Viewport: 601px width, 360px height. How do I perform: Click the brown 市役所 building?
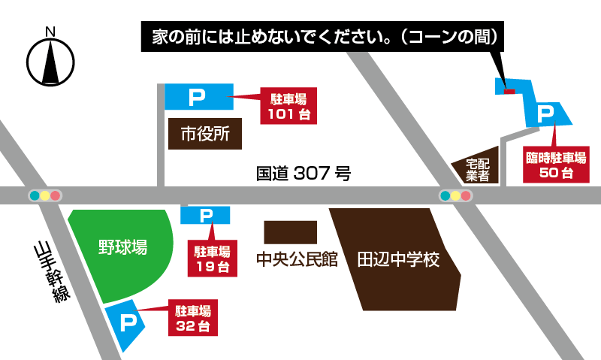[205, 134]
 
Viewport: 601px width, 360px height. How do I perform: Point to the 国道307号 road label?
[304, 174]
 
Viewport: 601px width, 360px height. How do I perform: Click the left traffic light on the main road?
[45, 196]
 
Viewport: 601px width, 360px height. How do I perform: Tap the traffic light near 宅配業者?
[455, 196]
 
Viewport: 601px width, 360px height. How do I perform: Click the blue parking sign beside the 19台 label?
[205, 216]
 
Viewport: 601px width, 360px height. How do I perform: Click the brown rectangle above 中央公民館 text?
[291, 232]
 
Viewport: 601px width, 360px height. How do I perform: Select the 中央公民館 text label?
[297, 261]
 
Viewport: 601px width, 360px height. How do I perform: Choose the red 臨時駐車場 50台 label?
[557, 165]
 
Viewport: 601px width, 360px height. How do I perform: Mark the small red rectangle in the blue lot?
[509, 92]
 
